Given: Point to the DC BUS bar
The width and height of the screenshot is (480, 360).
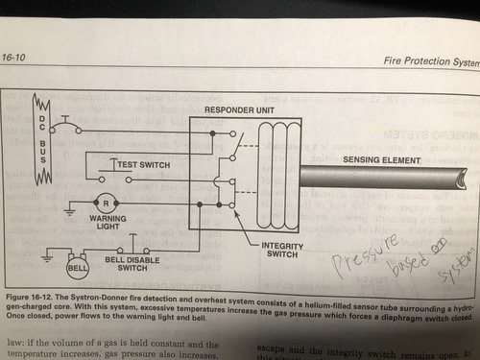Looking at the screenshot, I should click(41, 143).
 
